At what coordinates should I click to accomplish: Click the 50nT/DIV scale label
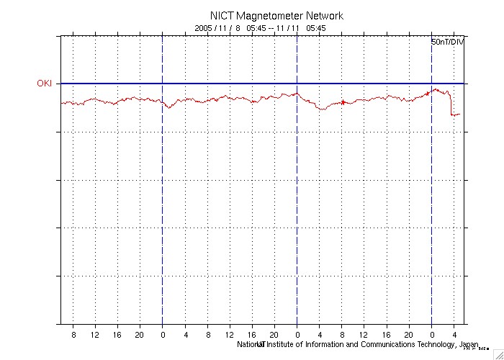pyautogui.click(x=448, y=43)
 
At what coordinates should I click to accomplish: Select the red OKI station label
pyautogui.click(x=45, y=84)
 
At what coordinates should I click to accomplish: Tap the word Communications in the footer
pyautogui.click(x=373, y=344)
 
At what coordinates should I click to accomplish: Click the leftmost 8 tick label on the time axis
pyautogui.click(x=73, y=335)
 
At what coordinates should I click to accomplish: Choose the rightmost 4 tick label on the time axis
pyautogui.click(x=454, y=335)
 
